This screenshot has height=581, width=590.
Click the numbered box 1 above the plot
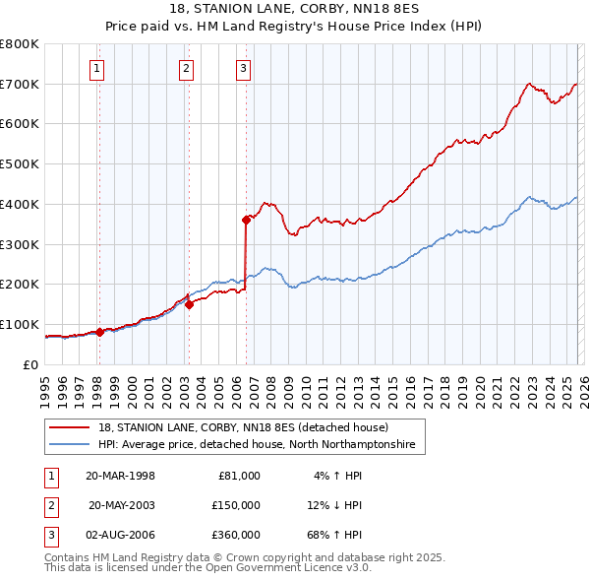click(x=98, y=68)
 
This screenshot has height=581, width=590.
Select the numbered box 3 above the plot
click(x=243, y=68)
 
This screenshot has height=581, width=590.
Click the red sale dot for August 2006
click(x=246, y=220)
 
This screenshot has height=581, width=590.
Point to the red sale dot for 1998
click(x=99, y=332)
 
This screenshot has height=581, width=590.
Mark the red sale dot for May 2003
click(x=188, y=304)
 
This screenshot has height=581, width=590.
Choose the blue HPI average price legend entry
click(x=257, y=445)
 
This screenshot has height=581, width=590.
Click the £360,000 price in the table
click(x=235, y=536)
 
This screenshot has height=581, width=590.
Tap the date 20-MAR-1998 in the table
click(x=120, y=475)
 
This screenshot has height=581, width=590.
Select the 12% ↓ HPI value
click(x=334, y=505)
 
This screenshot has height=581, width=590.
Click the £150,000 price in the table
click(x=235, y=505)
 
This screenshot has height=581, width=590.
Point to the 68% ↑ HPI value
click(x=334, y=536)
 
